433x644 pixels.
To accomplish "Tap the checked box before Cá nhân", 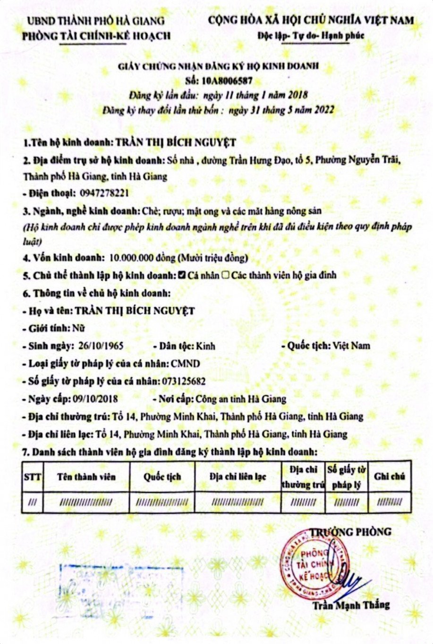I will point(181,275).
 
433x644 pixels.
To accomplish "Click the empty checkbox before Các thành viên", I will point(226,275).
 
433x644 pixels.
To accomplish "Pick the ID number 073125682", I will point(184,381).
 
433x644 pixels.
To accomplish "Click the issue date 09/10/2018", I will point(96,399).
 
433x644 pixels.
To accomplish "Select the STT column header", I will point(32,477).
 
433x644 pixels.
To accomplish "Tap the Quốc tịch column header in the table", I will point(162,477).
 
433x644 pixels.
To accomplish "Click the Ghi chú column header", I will point(390,476).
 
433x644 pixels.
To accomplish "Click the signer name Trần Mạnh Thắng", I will point(351,605).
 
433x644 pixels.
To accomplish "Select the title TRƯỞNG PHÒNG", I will point(351,532).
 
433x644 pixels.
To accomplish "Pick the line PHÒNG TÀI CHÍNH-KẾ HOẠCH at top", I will point(96,36).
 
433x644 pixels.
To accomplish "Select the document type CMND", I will point(186,363).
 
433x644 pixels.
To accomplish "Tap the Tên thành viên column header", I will point(86,477).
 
